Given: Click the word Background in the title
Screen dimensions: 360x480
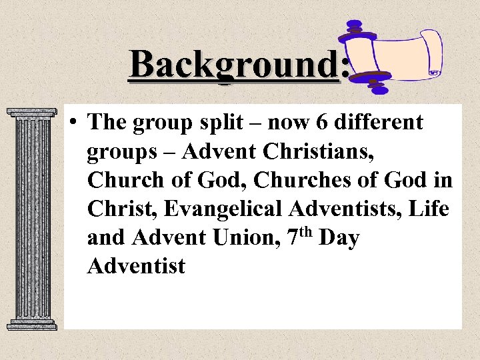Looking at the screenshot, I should coord(233,65).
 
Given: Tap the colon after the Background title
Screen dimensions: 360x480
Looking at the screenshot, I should coord(344,66).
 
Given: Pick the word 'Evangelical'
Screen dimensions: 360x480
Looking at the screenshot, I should coord(224,209).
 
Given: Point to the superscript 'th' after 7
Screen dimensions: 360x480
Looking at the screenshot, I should coord(305,231).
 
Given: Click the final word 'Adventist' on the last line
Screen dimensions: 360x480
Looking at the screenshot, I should coord(136,266).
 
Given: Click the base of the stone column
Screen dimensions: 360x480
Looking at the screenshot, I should coord(31,324).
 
